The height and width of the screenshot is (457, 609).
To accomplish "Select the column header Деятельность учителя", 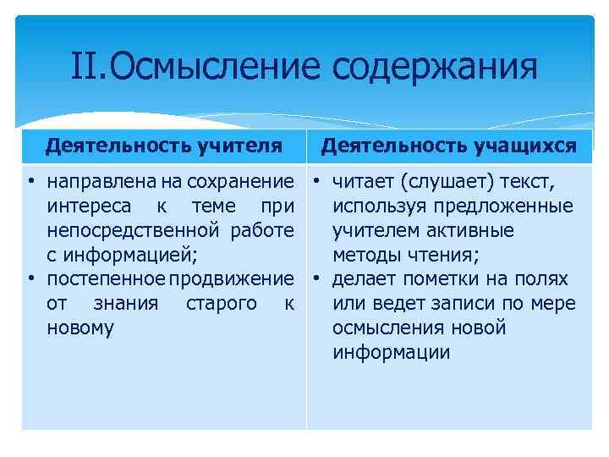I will click(164, 146).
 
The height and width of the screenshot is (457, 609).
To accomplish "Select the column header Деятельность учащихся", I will click(450, 146).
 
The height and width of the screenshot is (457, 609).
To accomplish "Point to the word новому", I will click(81, 328).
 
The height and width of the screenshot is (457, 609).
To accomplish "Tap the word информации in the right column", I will click(392, 353).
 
